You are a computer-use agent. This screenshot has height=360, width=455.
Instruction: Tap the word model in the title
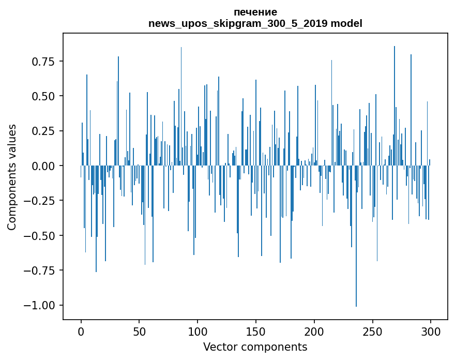pyautogui.click(x=346, y=24)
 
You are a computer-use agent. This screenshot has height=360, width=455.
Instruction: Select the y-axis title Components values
pyautogui.click(x=12, y=177)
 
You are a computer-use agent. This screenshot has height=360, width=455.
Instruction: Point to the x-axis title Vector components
pyautogui.click(x=255, y=347)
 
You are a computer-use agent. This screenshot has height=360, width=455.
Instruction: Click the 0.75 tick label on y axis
pyautogui.click(x=43, y=62)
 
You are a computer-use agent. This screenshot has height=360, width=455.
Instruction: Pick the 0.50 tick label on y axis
pyautogui.click(x=43, y=96)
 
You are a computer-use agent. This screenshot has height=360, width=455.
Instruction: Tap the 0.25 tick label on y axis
pyautogui.click(x=43, y=131)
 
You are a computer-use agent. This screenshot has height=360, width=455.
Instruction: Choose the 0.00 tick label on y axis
pyautogui.click(x=43, y=166)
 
